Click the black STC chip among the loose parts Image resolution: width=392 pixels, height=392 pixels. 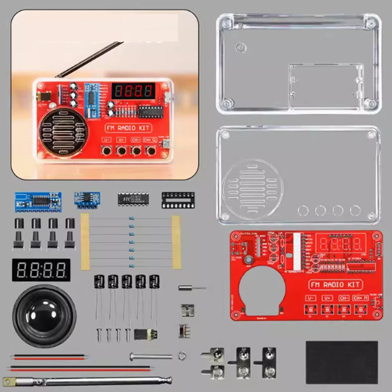click(133, 199)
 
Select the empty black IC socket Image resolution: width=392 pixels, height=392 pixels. click(178, 200)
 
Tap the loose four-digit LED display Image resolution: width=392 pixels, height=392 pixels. click(41, 270)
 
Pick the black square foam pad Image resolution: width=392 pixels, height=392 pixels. click(341, 362)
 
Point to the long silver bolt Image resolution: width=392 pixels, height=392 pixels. click(151, 356)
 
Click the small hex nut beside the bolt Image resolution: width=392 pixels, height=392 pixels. click(181, 356)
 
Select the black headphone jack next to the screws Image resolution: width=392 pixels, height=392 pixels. click(145, 334)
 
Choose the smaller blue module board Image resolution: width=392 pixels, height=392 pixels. click(87, 200)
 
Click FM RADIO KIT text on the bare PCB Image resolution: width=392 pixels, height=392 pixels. click(335, 285)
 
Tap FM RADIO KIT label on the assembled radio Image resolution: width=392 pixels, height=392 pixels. click(128, 128)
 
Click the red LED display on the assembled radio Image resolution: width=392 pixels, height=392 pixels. click(133, 91)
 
